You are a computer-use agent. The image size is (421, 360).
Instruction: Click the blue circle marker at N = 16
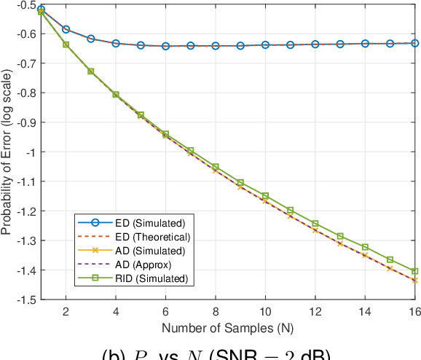[x=415, y=43]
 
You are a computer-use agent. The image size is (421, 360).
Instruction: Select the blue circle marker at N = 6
[x=166, y=46]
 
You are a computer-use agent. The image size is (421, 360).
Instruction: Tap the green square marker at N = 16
[x=415, y=271]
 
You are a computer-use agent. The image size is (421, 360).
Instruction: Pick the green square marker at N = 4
[x=116, y=94]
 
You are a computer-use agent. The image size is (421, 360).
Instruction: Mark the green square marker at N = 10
[x=266, y=195]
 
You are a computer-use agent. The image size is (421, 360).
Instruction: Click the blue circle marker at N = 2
[x=66, y=29]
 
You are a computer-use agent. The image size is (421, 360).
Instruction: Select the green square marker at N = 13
[x=340, y=236]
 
